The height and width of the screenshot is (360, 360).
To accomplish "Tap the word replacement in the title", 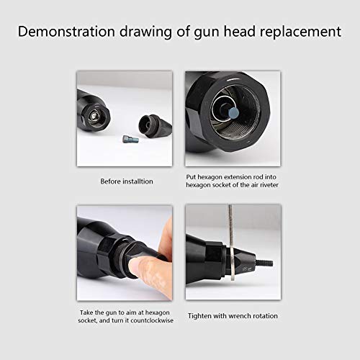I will (300, 32).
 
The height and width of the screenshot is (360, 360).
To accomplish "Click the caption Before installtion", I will (126, 181).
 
